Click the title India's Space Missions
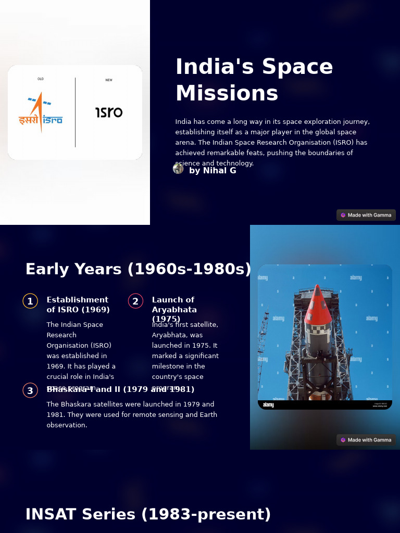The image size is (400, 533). click(254, 80)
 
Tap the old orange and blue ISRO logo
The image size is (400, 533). click(41, 112)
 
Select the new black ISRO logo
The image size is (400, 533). click(109, 112)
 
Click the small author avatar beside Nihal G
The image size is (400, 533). click(178, 169)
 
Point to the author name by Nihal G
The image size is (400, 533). click(213, 171)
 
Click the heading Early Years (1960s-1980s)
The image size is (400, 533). click(138, 269)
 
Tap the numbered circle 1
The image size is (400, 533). click(30, 301)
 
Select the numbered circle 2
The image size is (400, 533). click(135, 301)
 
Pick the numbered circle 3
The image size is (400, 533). click(30, 390)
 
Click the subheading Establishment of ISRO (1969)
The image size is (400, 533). click(78, 304)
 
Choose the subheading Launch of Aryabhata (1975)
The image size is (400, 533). click(174, 309)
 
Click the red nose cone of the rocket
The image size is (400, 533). click(318, 307)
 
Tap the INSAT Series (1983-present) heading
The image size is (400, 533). click(148, 514)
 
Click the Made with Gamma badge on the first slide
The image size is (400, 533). click(366, 215)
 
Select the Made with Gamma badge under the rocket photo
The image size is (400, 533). click(366, 440)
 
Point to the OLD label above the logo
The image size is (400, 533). click(41, 79)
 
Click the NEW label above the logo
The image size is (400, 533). click(109, 80)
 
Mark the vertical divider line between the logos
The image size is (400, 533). click(76, 112)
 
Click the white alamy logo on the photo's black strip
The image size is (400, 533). click(268, 405)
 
